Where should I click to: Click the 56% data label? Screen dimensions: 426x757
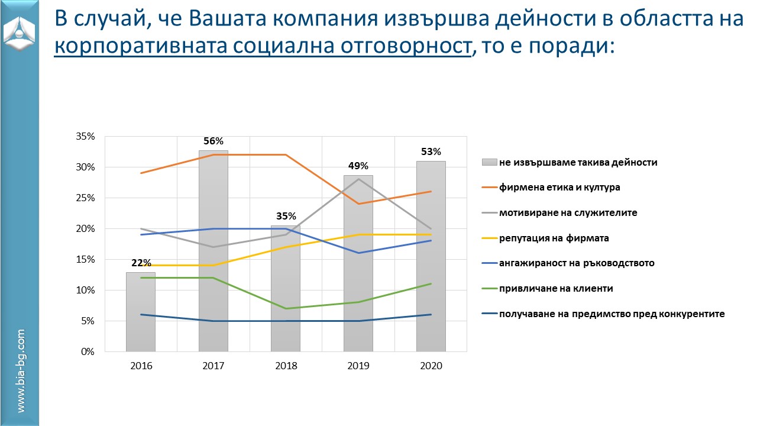coord(213,141)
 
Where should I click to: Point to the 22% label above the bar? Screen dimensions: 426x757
coord(141,263)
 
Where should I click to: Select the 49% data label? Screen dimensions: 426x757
coord(358,166)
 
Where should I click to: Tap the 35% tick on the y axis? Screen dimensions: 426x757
coord(86,137)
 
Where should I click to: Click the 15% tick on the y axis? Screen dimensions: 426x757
coord(86,259)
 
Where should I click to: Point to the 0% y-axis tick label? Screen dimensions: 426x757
coord(88,351)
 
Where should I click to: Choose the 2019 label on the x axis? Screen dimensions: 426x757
coord(358,366)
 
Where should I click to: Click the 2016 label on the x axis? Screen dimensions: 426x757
coord(141,366)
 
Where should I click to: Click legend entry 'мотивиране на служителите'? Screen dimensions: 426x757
coord(568,212)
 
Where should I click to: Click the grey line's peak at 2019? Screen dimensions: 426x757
coord(358,179)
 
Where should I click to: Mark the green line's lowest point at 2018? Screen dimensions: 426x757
coord(286,308)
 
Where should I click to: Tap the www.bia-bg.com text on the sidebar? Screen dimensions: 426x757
coord(21,371)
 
